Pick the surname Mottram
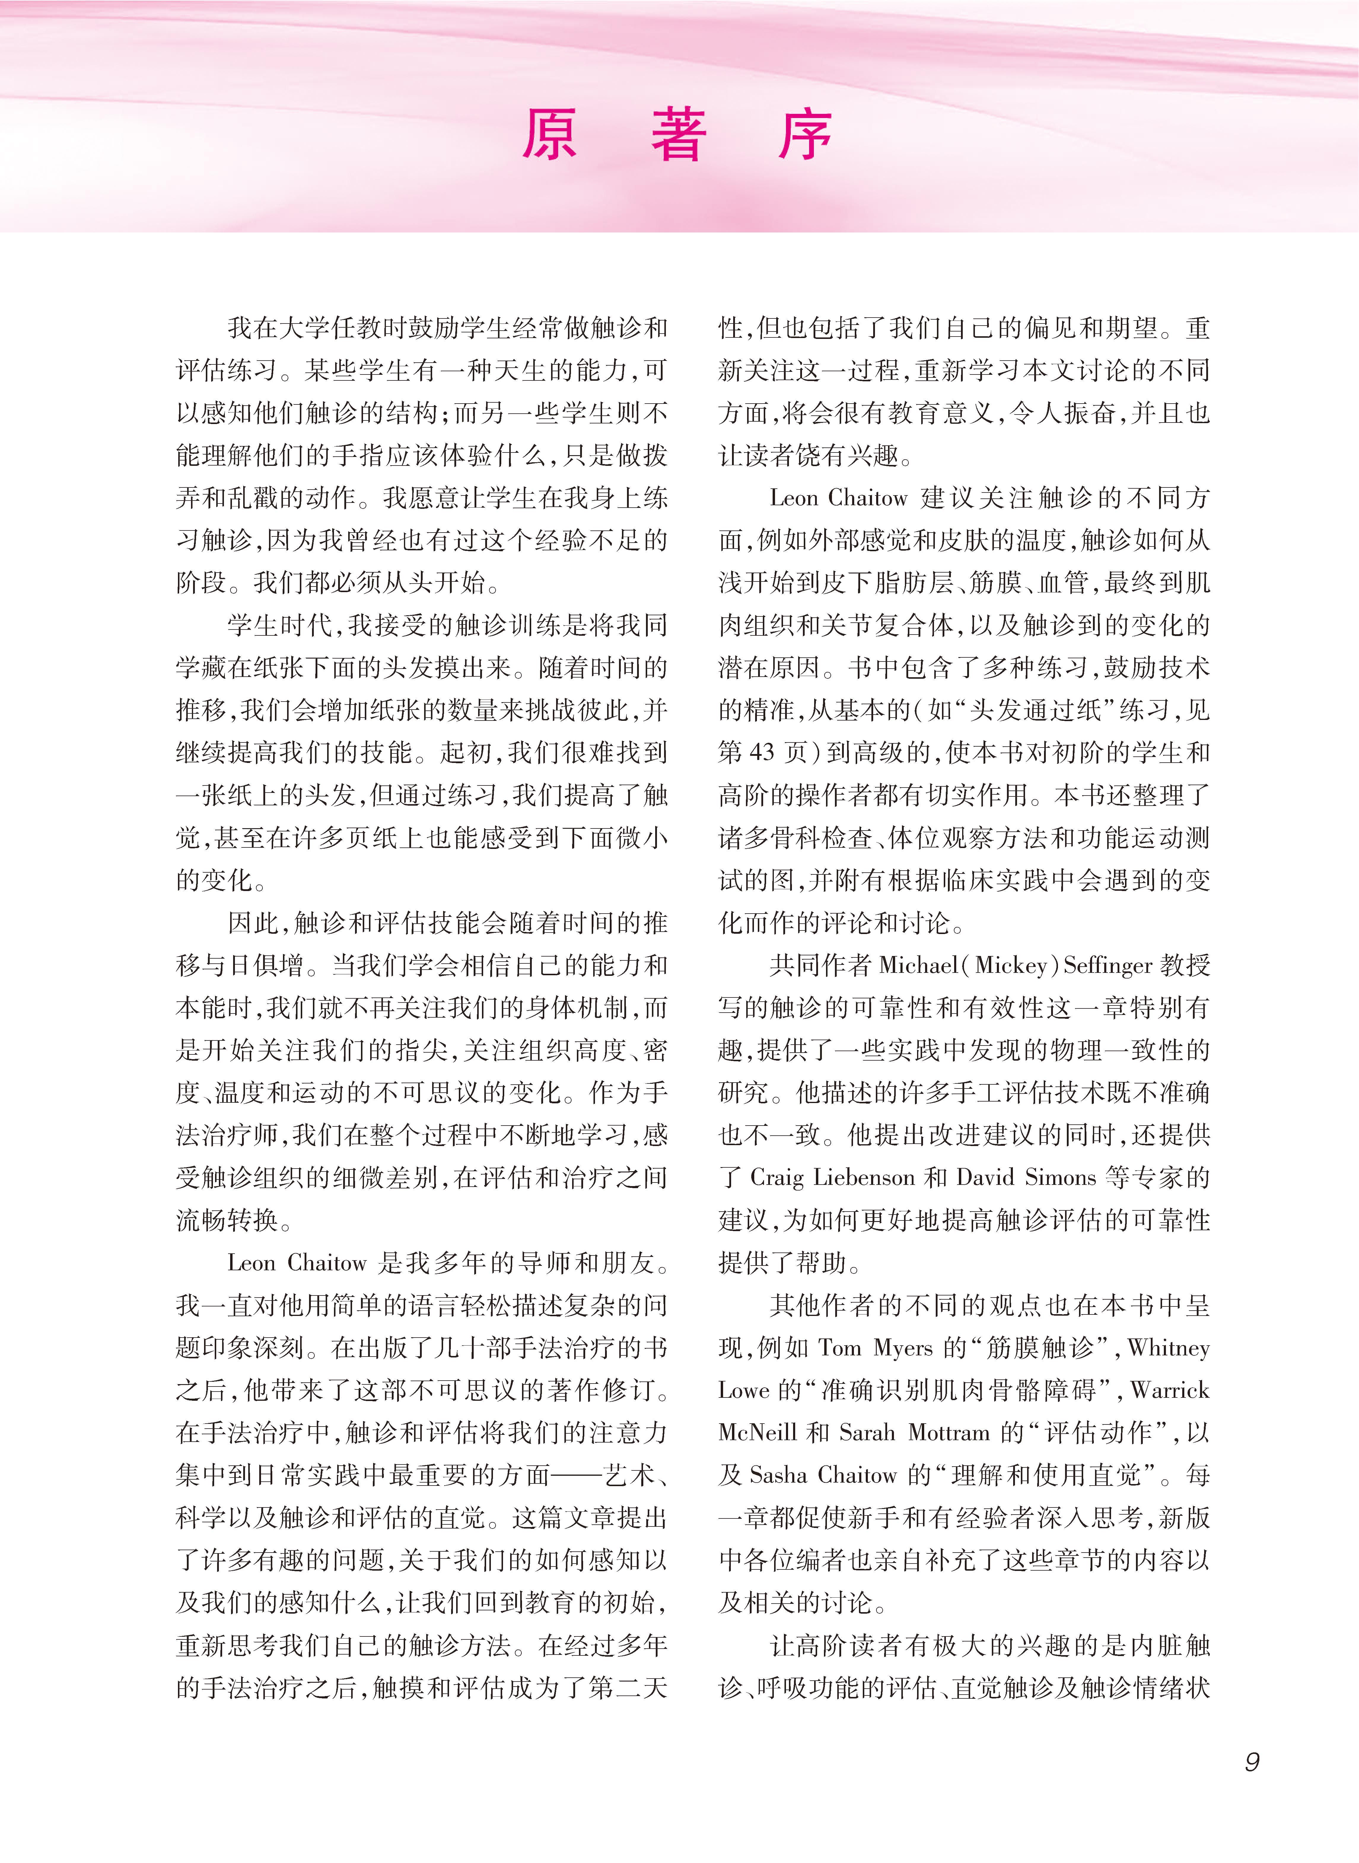(949, 1433)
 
